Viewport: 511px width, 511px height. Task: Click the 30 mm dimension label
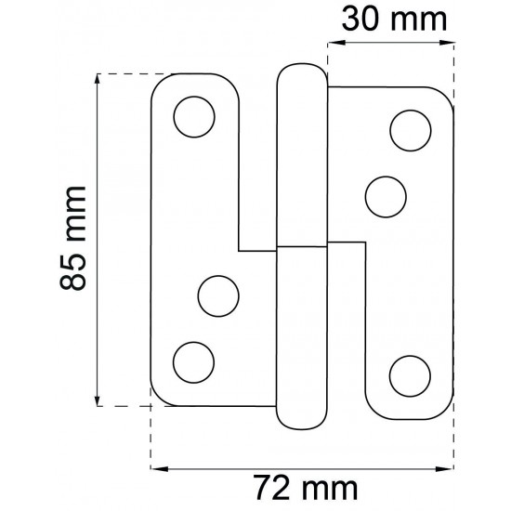[394, 20]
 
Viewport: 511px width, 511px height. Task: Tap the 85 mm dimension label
[73, 238]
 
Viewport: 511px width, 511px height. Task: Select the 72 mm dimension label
[306, 488]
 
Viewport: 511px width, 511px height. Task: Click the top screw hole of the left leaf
[194, 117]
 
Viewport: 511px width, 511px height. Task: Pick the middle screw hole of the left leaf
[218, 296]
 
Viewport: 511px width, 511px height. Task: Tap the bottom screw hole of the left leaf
[193, 362]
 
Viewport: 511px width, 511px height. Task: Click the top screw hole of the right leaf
[411, 130]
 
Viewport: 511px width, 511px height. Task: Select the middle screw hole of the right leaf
[386, 197]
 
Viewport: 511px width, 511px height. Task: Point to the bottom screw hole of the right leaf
[410, 376]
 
